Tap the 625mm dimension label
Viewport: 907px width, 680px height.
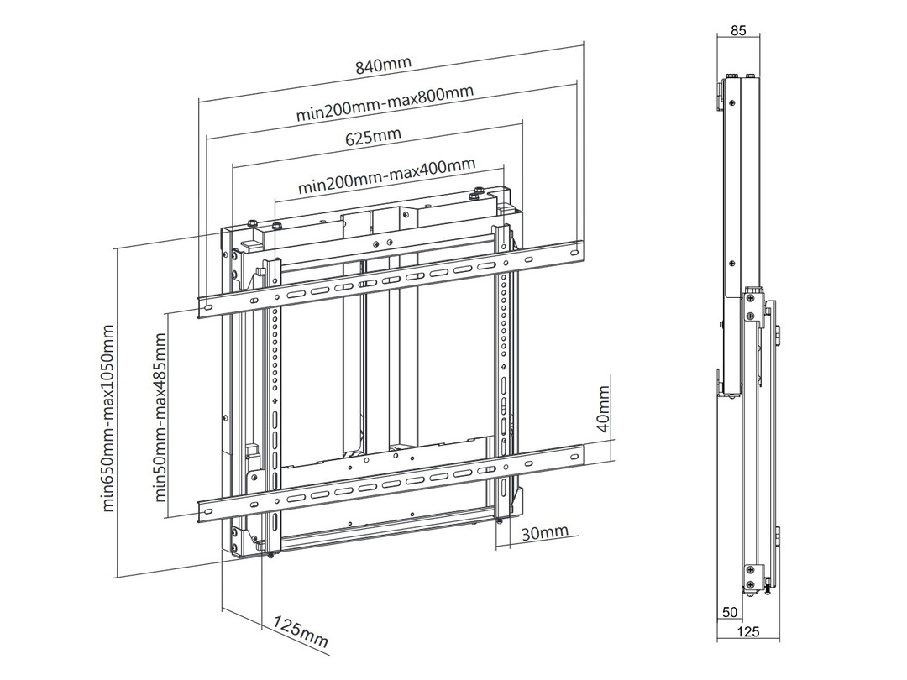click(x=374, y=135)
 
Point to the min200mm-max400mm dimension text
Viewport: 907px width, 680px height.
click(x=386, y=174)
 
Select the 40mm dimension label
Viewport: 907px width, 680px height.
click(x=603, y=409)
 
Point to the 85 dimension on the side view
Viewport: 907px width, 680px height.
click(x=738, y=31)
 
